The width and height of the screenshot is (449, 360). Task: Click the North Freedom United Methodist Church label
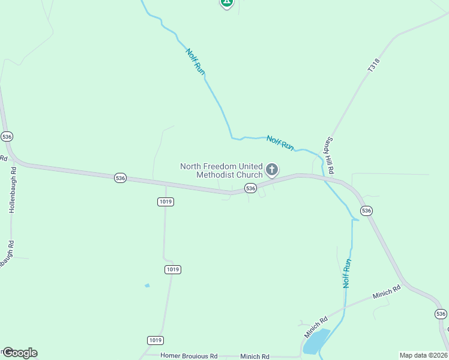coord(221,170)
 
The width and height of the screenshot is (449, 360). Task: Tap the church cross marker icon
coord(272,170)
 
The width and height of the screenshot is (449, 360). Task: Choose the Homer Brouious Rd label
coord(189,356)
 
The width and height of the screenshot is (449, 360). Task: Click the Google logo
coord(19,353)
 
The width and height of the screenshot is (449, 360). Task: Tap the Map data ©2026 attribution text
coord(423,355)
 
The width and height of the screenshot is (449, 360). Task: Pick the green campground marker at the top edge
coord(226,3)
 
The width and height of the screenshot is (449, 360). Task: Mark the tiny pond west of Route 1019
coord(147,286)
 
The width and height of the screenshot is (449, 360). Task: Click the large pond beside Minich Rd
coord(316,341)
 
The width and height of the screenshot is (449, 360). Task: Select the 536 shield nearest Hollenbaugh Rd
coord(7,136)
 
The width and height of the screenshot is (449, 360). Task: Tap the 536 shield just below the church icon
coord(251,188)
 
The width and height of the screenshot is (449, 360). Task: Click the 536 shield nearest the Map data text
coord(441,314)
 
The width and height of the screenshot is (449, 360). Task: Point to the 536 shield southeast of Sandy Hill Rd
coord(366,211)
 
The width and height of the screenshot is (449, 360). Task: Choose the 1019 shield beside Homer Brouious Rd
coord(155,340)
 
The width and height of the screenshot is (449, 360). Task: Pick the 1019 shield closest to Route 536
coord(166,202)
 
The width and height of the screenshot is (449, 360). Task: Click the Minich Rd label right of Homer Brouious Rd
coord(255,356)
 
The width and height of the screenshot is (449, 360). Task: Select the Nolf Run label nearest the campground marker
coord(196,62)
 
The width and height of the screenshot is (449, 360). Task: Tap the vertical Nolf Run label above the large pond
coord(346,274)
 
